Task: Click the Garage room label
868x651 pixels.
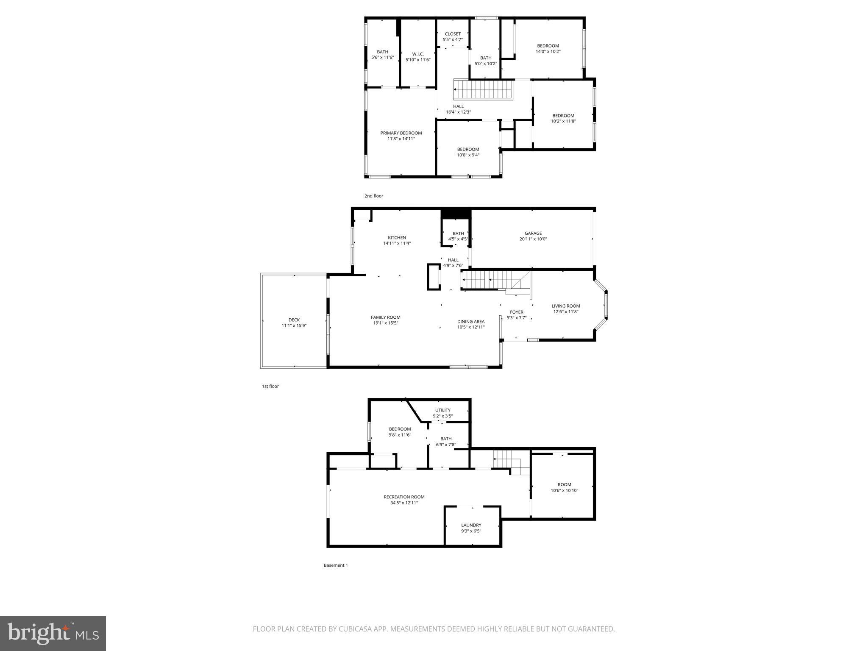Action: (x=533, y=233)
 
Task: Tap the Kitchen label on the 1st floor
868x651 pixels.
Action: (x=397, y=238)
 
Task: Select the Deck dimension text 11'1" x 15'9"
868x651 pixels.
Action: (x=294, y=325)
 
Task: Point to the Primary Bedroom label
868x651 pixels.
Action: (x=401, y=133)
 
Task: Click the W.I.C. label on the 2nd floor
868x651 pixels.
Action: (x=418, y=54)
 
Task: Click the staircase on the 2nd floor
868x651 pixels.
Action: (x=483, y=89)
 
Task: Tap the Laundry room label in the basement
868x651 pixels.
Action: (x=471, y=525)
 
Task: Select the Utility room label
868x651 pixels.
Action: (x=442, y=410)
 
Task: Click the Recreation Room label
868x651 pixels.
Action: (x=404, y=497)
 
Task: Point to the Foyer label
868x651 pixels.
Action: (x=516, y=312)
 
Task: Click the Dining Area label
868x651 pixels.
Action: (x=470, y=321)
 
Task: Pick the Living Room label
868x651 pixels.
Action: (x=565, y=306)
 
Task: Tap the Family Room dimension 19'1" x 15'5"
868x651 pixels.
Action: (x=385, y=323)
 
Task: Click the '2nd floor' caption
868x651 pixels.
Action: (x=374, y=196)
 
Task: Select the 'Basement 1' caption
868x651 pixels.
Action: (x=336, y=565)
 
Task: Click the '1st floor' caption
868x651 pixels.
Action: (x=270, y=386)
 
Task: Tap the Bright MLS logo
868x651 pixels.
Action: (x=53, y=634)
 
